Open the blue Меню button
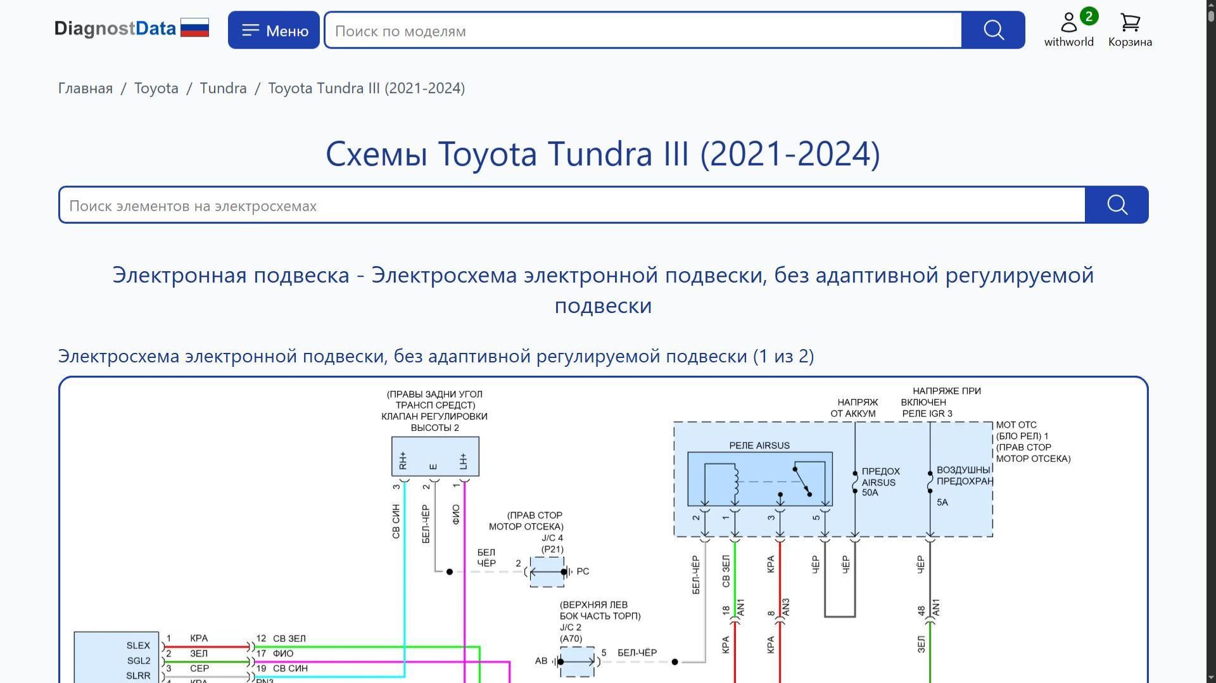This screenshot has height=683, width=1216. [274, 30]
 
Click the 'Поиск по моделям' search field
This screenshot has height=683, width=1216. [643, 30]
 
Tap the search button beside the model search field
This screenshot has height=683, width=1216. [993, 30]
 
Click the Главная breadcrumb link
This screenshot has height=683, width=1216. [85, 88]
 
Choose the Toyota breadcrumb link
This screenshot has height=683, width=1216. [156, 88]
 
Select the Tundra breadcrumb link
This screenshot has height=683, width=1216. [223, 88]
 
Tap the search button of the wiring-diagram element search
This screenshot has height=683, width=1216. [1117, 205]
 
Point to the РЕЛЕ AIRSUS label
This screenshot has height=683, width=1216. [759, 445]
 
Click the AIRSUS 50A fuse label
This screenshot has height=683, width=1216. [880, 482]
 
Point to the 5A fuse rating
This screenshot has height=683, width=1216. [942, 502]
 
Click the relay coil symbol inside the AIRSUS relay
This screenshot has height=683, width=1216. [735, 482]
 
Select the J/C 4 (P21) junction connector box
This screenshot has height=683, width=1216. [547, 572]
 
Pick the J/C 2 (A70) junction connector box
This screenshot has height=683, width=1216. [577, 662]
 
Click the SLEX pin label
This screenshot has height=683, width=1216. [138, 646]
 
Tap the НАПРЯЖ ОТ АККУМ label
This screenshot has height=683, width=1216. [854, 408]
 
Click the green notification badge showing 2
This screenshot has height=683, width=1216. [1089, 16]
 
